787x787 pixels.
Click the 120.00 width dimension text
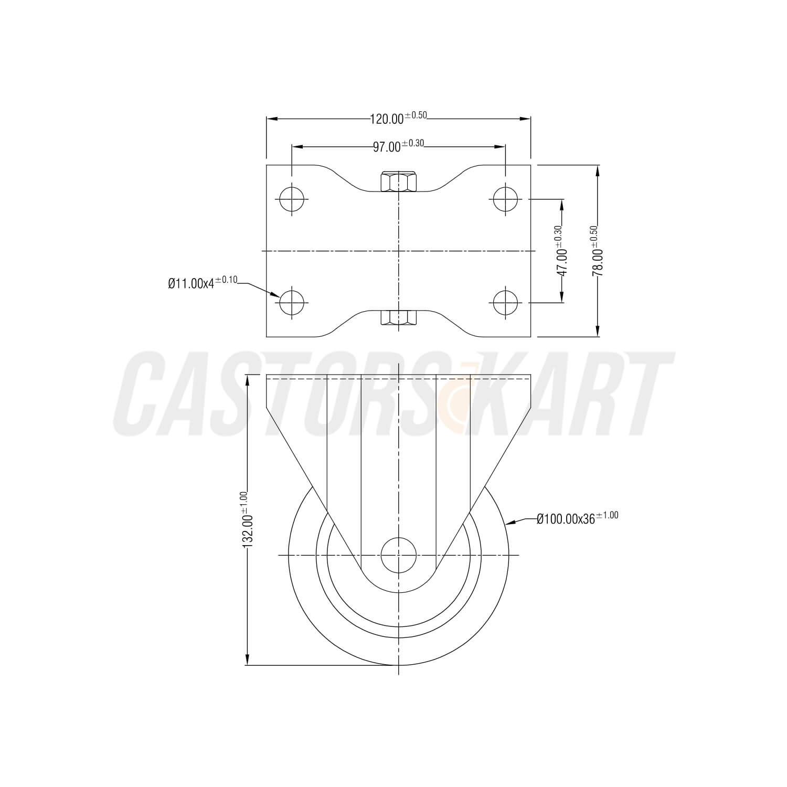pos(399,118)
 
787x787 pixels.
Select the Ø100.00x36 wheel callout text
pos(577,518)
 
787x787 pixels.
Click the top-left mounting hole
pos(292,199)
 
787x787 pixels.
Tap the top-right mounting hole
pos(505,199)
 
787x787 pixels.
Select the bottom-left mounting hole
pos(292,303)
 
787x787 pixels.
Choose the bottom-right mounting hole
pos(505,303)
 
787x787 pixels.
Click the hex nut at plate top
pos(398,182)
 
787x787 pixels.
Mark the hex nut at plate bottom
pos(398,317)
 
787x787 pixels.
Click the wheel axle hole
pos(398,555)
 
